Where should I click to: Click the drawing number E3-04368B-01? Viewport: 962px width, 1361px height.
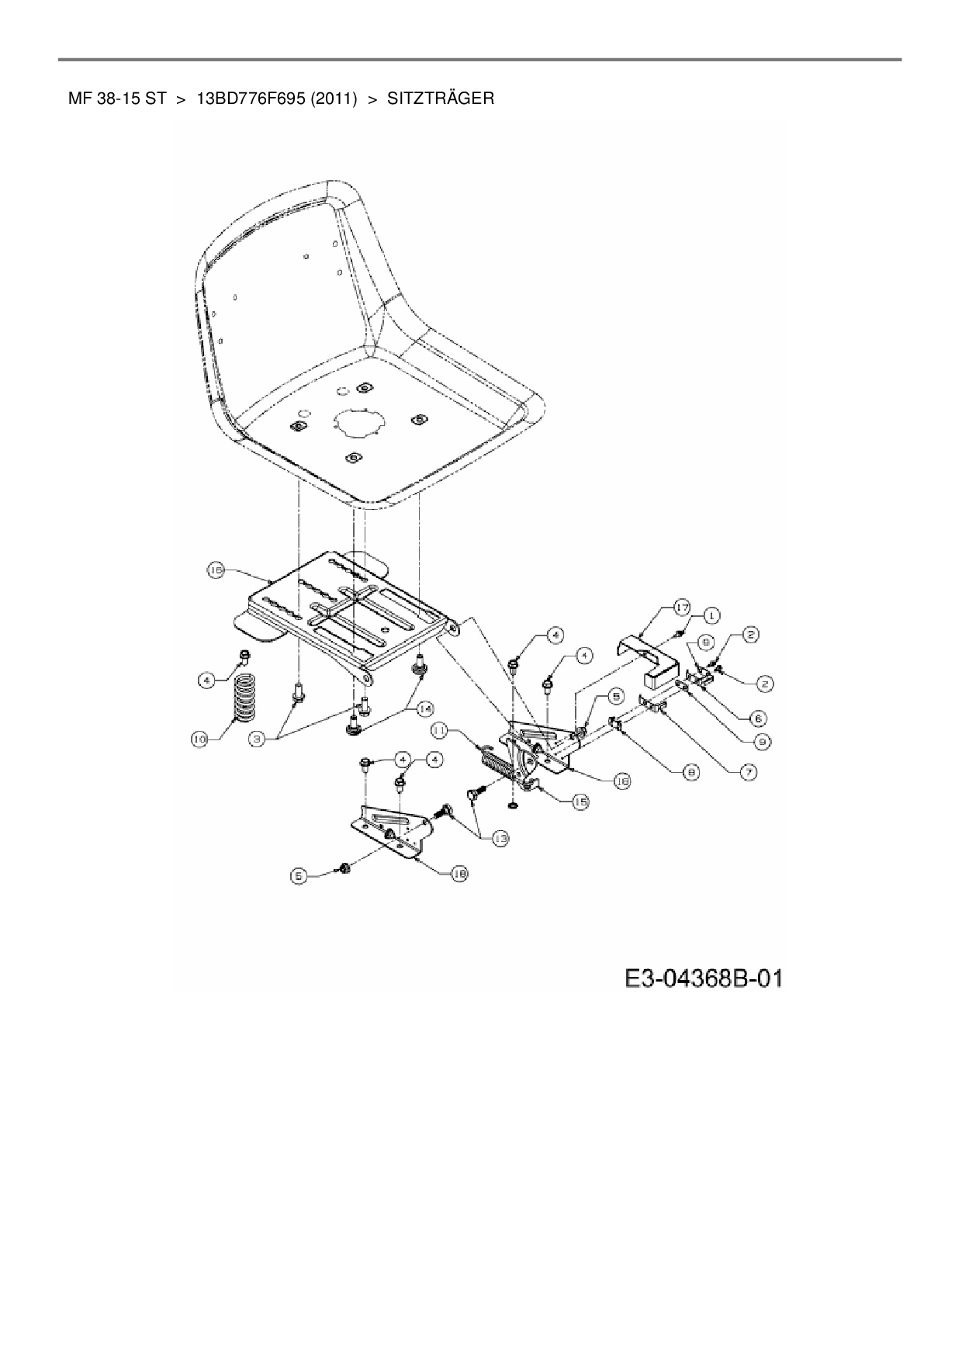click(x=704, y=977)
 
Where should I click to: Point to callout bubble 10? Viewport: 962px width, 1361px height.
click(x=200, y=739)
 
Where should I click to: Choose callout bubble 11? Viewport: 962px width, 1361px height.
click(x=439, y=730)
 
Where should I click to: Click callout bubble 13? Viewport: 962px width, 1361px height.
click(x=500, y=838)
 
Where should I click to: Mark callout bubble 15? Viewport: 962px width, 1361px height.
click(x=580, y=802)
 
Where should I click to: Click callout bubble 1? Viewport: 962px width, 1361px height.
click(x=711, y=615)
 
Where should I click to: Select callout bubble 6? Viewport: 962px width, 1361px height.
click(x=758, y=718)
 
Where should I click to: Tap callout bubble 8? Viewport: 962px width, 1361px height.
click(x=690, y=771)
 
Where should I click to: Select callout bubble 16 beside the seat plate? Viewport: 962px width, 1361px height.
click(x=216, y=570)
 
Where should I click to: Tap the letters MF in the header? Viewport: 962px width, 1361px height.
click(x=81, y=99)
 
